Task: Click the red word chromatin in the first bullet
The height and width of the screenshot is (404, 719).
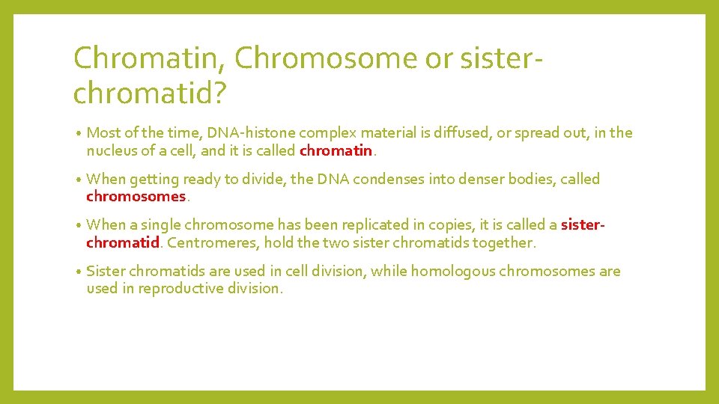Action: [x=336, y=150]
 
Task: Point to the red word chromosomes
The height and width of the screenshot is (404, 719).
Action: [x=136, y=197]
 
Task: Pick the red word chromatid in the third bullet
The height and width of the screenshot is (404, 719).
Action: [x=123, y=242]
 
